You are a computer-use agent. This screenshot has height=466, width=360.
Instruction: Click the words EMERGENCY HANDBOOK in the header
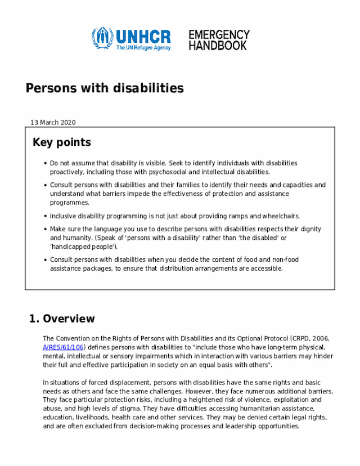(x=219, y=40)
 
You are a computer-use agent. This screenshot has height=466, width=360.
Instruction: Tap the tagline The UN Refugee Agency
(x=143, y=48)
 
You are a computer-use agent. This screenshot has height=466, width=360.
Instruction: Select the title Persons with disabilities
(x=105, y=88)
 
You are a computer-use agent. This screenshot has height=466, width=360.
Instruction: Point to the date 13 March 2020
(x=53, y=122)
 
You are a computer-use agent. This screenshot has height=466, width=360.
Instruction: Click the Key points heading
(x=62, y=142)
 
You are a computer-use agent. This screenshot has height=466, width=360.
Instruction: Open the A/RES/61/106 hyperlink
(x=63, y=347)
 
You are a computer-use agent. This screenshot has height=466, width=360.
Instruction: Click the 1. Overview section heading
(x=62, y=319)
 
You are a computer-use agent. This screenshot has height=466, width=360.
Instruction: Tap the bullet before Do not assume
(x=44, y=163)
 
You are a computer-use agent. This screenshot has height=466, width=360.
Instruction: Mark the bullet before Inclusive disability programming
(x=44, y=216)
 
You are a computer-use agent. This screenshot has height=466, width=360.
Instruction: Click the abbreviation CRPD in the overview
(x=300, y=338)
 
